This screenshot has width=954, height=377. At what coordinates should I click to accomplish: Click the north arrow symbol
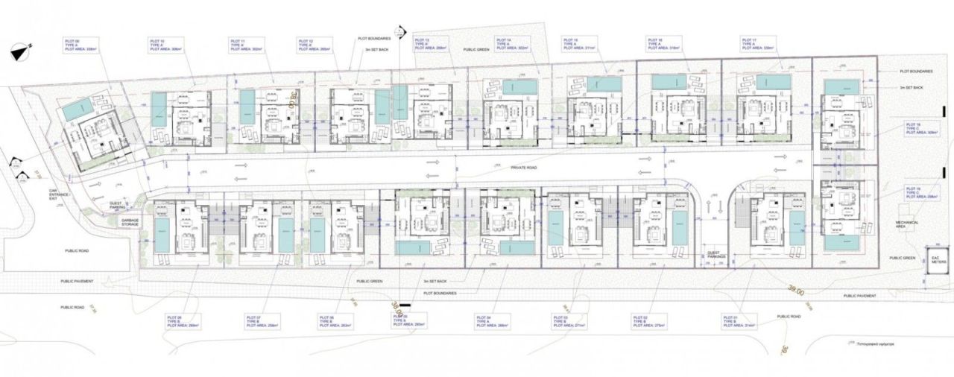tap(21, 51)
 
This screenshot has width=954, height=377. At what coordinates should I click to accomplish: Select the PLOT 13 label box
tap(430, 44)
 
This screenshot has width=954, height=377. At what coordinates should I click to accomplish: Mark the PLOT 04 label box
tap(492, 321)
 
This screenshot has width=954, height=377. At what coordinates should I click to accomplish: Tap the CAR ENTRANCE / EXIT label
tap(48, 196)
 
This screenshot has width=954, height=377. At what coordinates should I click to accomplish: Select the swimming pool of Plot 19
tap(841, 243)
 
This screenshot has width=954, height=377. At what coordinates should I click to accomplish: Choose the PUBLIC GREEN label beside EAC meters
tap(902, 258)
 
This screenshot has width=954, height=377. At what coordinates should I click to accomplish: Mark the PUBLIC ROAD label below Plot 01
tap(789, 317)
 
